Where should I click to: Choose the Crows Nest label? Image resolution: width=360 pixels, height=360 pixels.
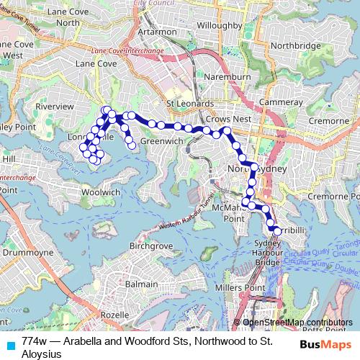(228, 118)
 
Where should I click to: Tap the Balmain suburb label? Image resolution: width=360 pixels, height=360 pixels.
(142, 284)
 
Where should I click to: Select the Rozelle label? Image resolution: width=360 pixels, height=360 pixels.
(114, 315)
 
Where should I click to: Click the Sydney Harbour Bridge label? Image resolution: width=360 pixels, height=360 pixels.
(268, 253)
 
